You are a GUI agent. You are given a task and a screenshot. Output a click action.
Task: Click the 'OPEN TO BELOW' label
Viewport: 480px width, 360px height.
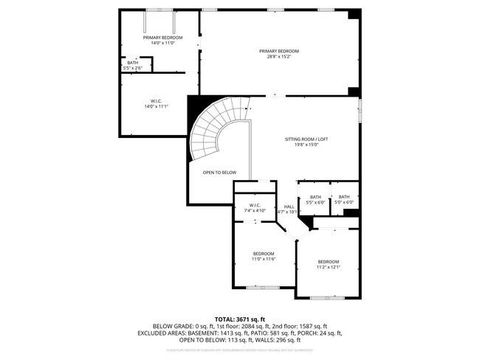click(x=219, y=172)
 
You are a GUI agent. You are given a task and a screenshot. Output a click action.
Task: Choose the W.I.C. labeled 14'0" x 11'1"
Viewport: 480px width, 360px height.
click(x=157, y=103)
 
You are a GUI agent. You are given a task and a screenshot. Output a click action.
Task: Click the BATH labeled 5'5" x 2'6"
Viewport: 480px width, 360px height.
click(x=133, y=66)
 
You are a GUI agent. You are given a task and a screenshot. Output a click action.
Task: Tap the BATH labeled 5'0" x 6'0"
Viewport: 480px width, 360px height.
click(x=344, y=199)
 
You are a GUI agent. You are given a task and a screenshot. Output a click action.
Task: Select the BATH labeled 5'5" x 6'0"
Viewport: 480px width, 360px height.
click(x=315, y=199)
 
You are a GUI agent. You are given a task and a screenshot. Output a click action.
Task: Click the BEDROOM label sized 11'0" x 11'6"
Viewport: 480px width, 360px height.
click(x=264, y=256)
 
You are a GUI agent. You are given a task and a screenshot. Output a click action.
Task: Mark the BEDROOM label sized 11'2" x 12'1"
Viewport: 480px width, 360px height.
click(x=329, y=264)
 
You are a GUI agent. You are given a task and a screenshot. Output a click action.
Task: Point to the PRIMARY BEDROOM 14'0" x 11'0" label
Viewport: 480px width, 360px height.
click(x=162, y=40)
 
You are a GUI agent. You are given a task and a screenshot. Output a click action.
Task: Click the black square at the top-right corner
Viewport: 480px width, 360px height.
click(x=354, y=14)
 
